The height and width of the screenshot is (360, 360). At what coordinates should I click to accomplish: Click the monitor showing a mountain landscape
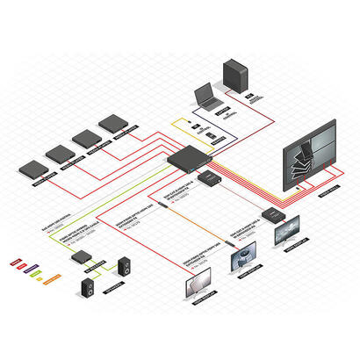[x=291, y=231]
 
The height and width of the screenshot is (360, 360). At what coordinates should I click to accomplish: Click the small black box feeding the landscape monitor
[x=270, y=214]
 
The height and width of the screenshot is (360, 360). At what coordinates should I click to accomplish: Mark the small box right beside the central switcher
[x=212, y=179]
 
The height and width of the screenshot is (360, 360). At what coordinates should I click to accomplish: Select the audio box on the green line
[x=80, y=257]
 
